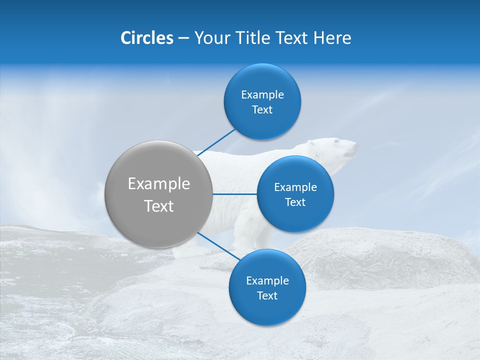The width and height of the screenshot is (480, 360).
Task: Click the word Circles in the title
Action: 146,37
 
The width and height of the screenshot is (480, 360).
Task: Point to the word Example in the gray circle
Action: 159,184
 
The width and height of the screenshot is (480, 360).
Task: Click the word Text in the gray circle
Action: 159,206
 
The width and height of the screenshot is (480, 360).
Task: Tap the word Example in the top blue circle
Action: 262,95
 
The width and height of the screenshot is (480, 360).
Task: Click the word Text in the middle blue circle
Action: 295,202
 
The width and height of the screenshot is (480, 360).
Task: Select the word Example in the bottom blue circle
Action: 267,281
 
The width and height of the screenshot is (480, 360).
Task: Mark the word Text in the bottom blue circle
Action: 267,296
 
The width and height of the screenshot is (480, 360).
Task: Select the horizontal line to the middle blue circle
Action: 235,194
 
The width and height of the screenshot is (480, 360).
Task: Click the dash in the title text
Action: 183,38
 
